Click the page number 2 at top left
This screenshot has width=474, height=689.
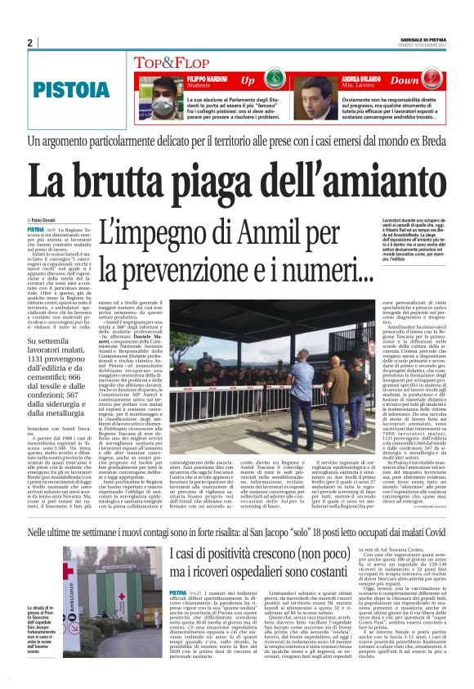pos(29,43)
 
